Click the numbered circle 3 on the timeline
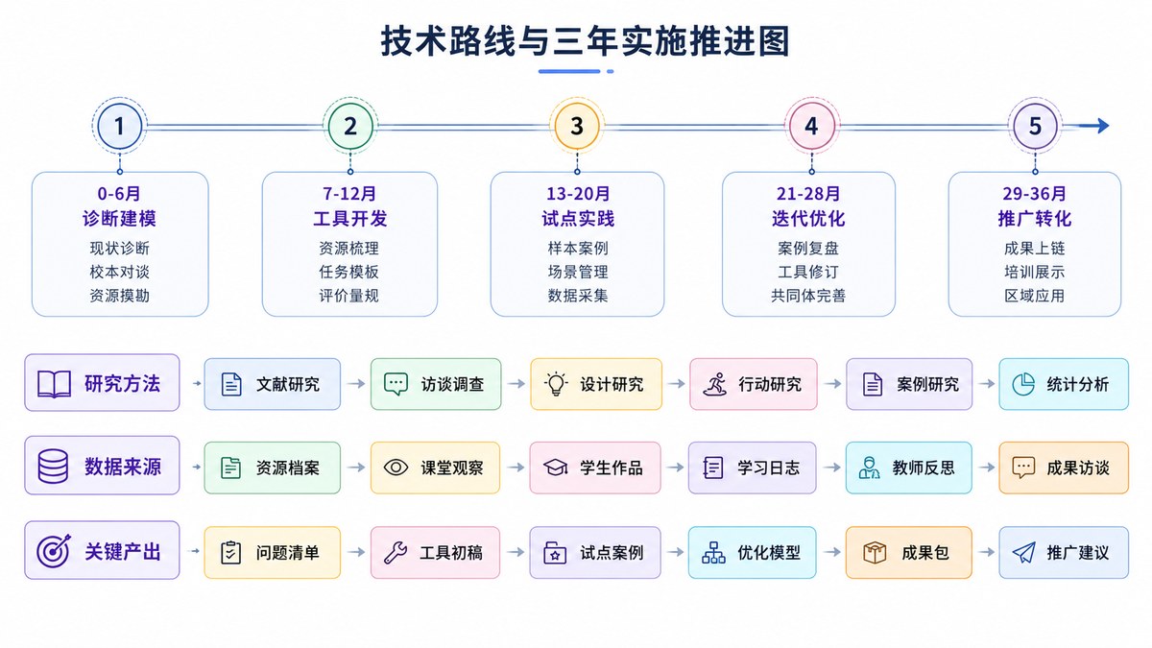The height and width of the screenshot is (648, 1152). click(577, 126)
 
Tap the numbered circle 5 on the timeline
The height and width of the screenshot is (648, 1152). click(1035, 126)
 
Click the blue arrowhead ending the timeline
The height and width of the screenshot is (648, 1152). click(1102, 126)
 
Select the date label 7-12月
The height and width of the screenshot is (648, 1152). click(349, 194)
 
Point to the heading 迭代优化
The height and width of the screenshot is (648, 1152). click(808, 219)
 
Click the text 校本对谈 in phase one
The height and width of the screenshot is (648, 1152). click(119, 272)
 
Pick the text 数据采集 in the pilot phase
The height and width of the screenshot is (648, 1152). click(578, 296)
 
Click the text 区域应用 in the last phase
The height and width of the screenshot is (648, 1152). click(1034, 296)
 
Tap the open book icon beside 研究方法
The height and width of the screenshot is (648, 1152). click(54, 384)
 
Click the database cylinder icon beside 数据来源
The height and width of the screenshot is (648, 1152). click(53, 467)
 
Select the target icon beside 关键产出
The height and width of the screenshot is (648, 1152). click(54, 551)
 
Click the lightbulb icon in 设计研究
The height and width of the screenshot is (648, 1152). click(556, 384)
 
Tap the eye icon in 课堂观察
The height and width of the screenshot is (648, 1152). click(396, 468)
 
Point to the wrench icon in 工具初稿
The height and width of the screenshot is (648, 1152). click(396, 552)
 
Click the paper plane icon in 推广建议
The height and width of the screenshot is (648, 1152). click(1024, 552)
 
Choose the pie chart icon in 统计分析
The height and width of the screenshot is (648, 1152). click(1023, 384)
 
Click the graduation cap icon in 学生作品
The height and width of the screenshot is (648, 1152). click(556, 468)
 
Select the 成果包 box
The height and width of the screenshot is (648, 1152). click(909, 552)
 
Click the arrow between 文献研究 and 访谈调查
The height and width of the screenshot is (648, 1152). click(355, 384)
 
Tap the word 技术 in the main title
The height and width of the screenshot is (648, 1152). click(414, 41)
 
